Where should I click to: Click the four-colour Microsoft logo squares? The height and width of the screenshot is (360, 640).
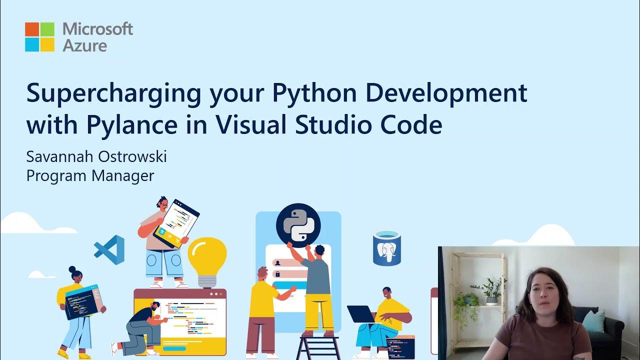pyautogui.click(x=39, y=36)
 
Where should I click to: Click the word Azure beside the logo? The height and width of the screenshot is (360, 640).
pyautogui.click(x=84, y=45)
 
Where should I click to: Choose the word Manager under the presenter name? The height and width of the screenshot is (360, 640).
pyautogui.click(x=125, y=175)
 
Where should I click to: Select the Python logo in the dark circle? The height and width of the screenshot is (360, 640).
pyautogui.click(x=298, y=225)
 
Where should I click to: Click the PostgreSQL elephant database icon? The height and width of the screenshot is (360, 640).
pyautogui.click(x=387, y=248)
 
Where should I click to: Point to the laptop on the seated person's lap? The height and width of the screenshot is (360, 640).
pyautogui.click(x=361, y=314)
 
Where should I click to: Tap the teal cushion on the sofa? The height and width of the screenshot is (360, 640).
pyautogui.click(x=594, y=320)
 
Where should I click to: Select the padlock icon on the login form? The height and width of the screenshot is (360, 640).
pyautogui.click(x=277, y=274)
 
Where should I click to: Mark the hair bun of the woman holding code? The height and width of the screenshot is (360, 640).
pyautogui.click(x=72, y=269)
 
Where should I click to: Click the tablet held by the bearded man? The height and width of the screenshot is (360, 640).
pyautogui.click(x=175, y=223)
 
